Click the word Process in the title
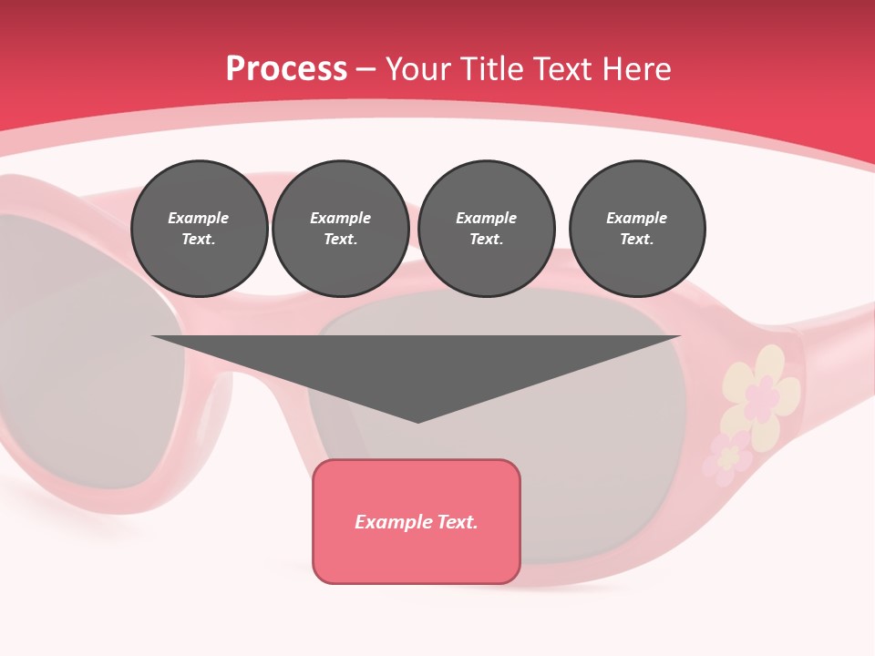(x=286, y=69)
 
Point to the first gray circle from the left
(x=199, y=229)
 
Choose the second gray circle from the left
(x=341, y=229)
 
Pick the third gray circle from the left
(x=487, y=229)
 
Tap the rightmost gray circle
(x=637, y=229)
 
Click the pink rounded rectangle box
(x=417, y=521)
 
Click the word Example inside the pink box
(x=391, y=522)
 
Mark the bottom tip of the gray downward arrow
(x=417, y=421)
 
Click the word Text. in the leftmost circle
(x=199, y=240)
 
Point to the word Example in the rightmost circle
(x=637, y=218)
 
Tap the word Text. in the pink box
(x=456, y=522)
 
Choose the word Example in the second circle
(x=341, y=218)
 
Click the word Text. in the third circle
(x=487, y=240)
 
